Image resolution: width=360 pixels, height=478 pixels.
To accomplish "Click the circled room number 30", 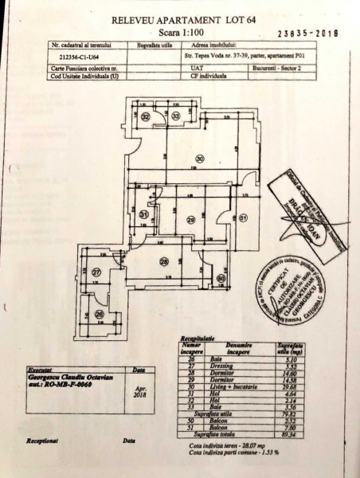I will (200, 159).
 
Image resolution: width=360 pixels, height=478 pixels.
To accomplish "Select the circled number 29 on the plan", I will (190, 221).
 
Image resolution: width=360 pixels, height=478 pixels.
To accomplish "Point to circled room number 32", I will (147, 117).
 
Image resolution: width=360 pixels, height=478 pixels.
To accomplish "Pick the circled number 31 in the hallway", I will (144, 215).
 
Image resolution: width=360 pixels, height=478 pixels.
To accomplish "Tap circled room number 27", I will (96, 273).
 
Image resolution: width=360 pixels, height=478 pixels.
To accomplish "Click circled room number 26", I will (99, 314).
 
